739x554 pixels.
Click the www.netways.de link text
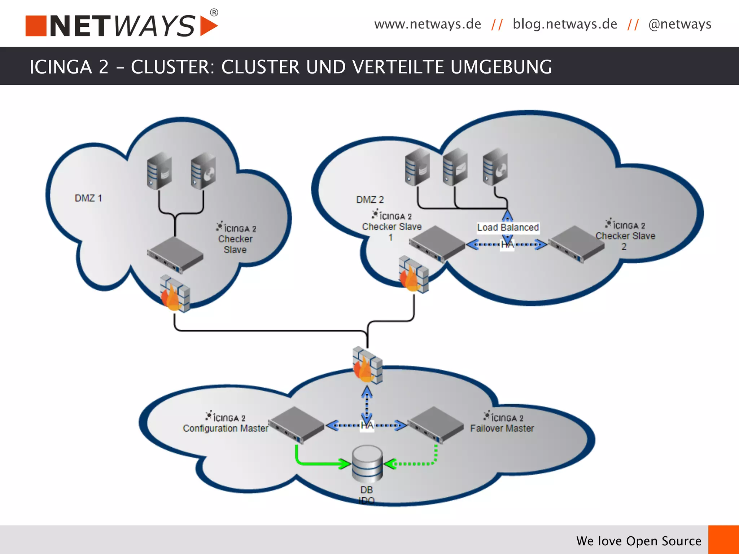coord(428,24)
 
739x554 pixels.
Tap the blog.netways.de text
coord(565,24)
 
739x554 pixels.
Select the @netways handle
coord(680,24)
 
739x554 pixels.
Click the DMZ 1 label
coord(88,198)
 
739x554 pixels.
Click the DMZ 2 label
coord(370,199)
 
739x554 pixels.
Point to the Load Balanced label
coord(508,228)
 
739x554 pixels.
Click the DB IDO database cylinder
coord(367,464)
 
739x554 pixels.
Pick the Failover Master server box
coord(436,425)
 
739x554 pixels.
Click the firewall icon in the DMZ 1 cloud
coord(175,294)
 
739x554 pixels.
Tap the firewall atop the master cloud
coord(367,364)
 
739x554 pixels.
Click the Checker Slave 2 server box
coord(576,244)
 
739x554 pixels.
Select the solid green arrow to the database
coord(318,462)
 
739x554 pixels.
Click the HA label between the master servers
coord(367,426)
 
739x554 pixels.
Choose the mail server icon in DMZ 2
coord(455,167)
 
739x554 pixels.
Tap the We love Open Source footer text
coord(639,541)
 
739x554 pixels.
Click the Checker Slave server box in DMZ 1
coord(175,254)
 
